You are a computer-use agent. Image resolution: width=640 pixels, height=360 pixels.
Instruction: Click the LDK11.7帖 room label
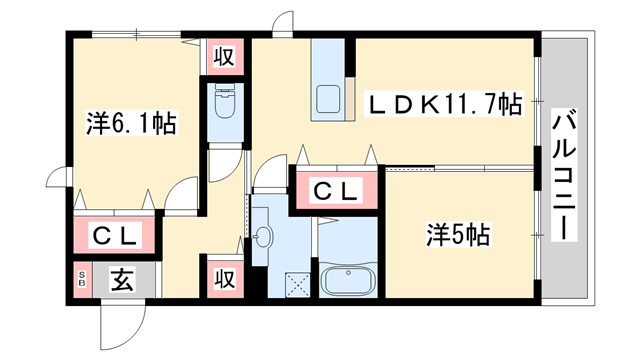point(446,103)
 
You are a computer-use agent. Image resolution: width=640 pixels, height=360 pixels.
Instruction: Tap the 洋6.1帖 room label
point(131,125)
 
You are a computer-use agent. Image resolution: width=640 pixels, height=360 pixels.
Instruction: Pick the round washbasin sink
point(265,238)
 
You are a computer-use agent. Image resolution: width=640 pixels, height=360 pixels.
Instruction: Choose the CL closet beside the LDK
point(335,191)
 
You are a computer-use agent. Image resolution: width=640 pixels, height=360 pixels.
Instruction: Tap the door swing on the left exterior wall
point(57,186)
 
